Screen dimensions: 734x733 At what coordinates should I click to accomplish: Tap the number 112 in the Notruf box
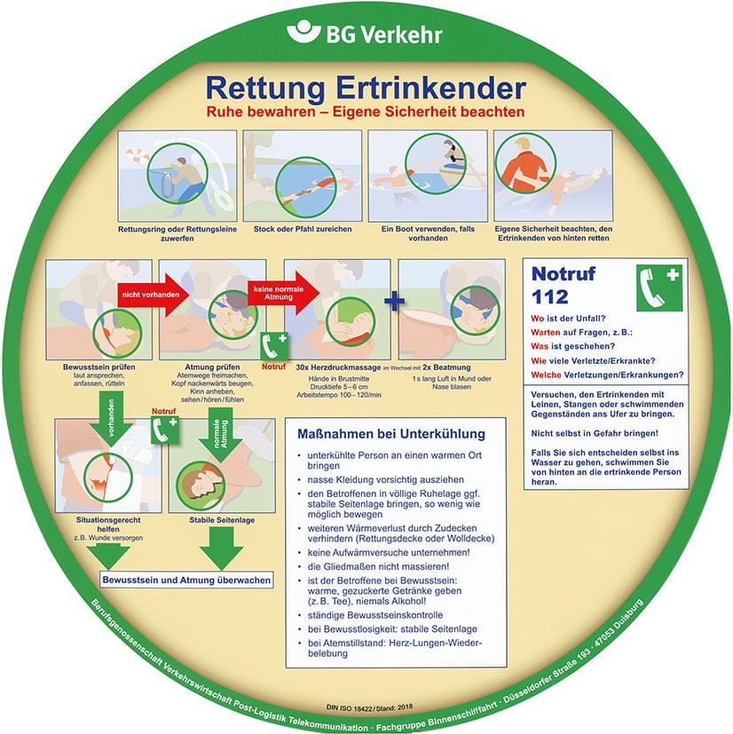coord(549,296)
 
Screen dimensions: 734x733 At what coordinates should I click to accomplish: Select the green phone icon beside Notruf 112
coord(658,286)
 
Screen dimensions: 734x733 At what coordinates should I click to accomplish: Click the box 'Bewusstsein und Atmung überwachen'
coord(186,580)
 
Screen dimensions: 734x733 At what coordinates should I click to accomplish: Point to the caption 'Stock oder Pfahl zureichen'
coord(302,229)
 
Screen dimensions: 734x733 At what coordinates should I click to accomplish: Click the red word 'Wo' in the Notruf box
coord(536,319)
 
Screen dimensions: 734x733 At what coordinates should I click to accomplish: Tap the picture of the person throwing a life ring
coord(177,176)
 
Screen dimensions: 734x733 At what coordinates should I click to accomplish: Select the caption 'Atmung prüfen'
coord(210,367)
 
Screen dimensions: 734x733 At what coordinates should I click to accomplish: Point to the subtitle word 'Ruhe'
coord(225,113)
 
